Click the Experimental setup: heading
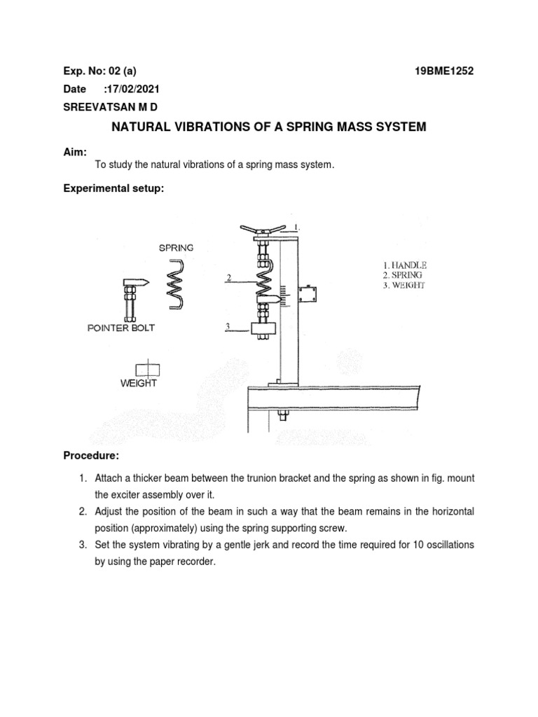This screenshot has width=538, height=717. [x=113, y=188]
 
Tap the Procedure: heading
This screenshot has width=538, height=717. [x=91, y=457]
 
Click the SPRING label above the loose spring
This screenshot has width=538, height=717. [x=177, y=247]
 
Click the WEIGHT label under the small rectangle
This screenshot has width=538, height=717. [x=138, y=383]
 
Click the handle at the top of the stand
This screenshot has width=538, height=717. [x=263, y=229]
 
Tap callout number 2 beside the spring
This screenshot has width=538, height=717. [x=228, y=278]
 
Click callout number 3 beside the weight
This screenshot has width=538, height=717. [x=228, y=326]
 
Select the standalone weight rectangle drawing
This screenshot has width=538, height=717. [x=147, y=368]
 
